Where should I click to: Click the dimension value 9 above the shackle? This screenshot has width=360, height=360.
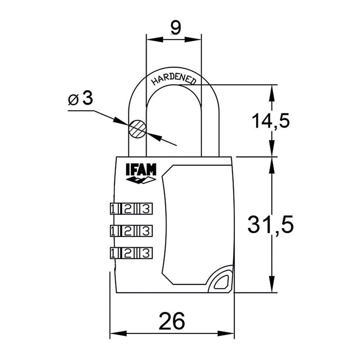pos(175,28)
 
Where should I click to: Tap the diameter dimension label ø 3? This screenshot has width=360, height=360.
pos(80,99)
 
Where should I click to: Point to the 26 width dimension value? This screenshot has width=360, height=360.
pos(172,320)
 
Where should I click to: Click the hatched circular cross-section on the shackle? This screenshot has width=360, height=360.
pos(138,128)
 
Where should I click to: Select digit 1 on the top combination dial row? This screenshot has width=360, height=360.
pos(113,209)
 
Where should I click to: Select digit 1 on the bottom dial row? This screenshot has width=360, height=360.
pos(113,252)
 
